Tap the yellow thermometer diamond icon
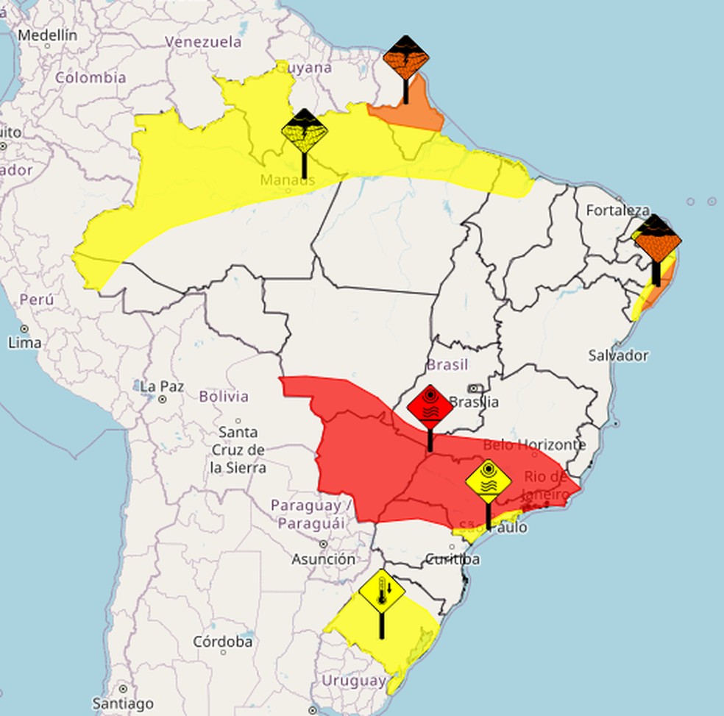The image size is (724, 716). (382, 591)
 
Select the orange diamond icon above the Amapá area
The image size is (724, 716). (405, 58)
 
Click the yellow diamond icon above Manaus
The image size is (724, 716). (304, 131)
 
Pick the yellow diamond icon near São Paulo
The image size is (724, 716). (488, 482)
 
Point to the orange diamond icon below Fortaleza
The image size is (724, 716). (656, 239)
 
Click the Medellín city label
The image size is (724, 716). (48, 35)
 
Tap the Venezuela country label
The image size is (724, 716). (203, 42)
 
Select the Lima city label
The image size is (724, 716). (25, 342)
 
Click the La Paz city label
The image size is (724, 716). (157, 386)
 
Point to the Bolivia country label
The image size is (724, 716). (224, 397)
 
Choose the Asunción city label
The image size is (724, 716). (324, 559)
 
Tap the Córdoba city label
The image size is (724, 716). (223, 642)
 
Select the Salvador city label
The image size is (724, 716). (618, 356)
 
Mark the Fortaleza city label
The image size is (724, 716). (618, 211)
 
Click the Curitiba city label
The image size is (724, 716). (452, 560)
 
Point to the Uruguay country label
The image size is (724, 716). (353, 681)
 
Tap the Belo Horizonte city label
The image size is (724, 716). (535, 445)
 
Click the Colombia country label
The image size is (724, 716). (90, 78)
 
